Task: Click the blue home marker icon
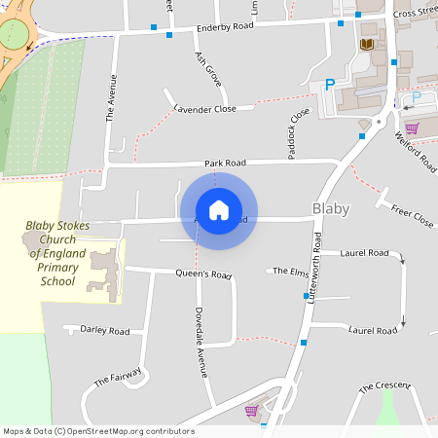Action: pyautogui.click(x=218, y=209)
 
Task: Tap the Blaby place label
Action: pyautogui.click(x=330, y=209)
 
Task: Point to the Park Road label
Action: pyautogui.click(x=225, y=163)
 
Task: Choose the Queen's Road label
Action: pyautogui.click(x=203, y=274)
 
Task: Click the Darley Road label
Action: pyautogui.click(x=105, y=331)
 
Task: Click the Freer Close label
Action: pyautogui.click(x=412, y=216)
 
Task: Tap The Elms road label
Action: pyautogui.click(x=290, y=272)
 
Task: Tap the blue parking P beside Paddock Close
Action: pyautogui.click(x=329, y=85)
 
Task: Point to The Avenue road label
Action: pyautogui.click(x=110, y=98)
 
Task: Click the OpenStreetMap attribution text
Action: pyautogui.click(x=98, y=431)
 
